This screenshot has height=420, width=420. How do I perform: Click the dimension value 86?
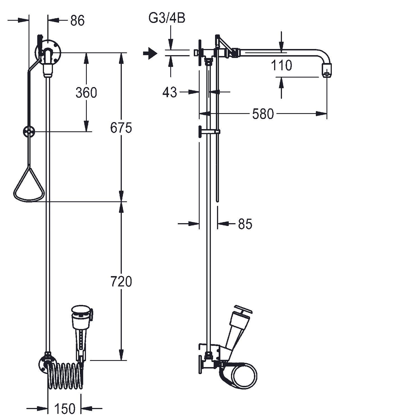pyautogui.click(x=78, y=20)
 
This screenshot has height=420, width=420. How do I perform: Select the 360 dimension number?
pyautogui.click(x=86, y=93)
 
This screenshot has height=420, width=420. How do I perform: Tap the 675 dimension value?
pyautogui.click(x=121, y=128)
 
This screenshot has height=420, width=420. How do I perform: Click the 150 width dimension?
pyautogui.click(x=65, y=409)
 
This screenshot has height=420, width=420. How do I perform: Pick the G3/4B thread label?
pyautogui.click(x=167, y=18)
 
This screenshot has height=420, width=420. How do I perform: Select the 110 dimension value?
pyautogui.click(x=282, y=66)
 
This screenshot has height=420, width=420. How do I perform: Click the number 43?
pyautogui.click(x=170, y=92)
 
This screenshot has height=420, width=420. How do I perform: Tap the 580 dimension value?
pyautogui.click(x=263, y=114)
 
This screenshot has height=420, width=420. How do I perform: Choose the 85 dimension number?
pyautogui.click(x=245, y=224)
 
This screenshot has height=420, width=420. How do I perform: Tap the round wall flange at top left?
pyautogui.click(x=48, y=53)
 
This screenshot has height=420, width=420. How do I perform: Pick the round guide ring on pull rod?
pyautogui.click(x=29, y=131)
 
